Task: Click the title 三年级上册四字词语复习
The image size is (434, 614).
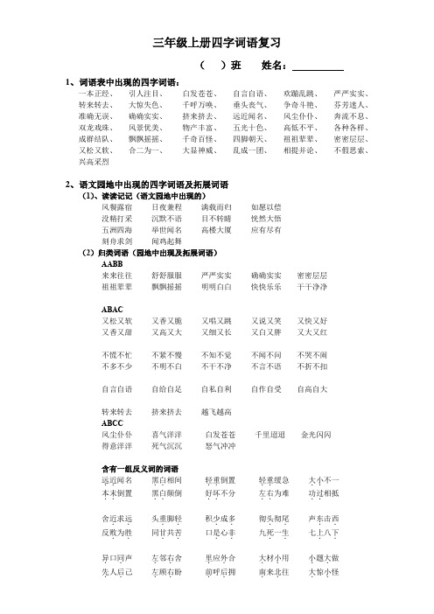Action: tap(216, 42)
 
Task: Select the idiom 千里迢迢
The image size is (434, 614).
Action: tap(269, 434)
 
